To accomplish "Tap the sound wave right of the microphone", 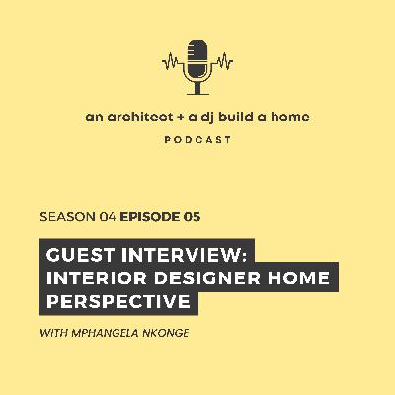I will click(x=222, y=61).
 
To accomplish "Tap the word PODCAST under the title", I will click(x=198, y=140).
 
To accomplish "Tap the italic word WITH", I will click(x=56, y=333).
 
